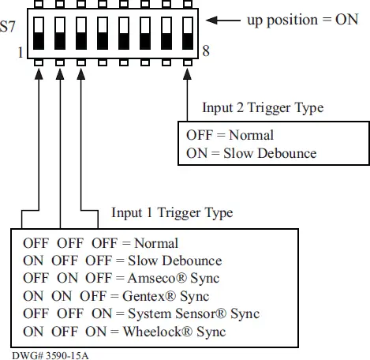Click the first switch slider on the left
pyautogui.click(x=39, y=36)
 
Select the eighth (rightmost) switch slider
pyautogui.click(x=187, y=36)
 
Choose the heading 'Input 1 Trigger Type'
pyautogui.click(x=172, y=213)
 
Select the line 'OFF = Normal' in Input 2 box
pyautogui.click(x=230, y=134)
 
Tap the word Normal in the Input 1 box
pyautogui.click(x=156, y=242)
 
